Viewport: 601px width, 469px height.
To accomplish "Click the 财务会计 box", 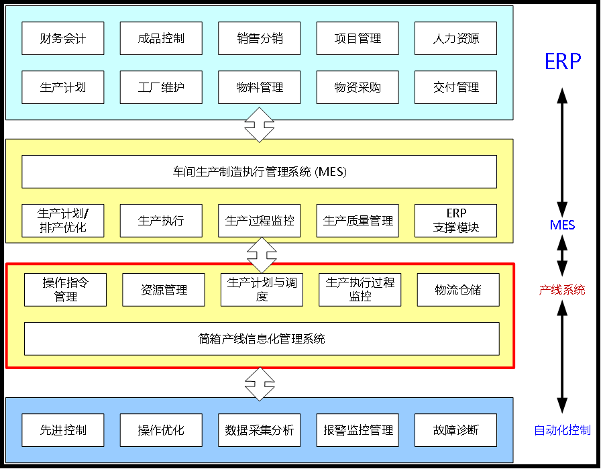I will click(x=63, y=38).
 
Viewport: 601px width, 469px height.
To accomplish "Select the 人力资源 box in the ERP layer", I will click(x=456, y=38).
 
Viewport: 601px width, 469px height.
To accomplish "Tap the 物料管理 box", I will click(x=260, y=87).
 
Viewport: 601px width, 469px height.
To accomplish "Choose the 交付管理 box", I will click(x=456, y=87).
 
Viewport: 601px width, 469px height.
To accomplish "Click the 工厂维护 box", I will click(x=161, y=87).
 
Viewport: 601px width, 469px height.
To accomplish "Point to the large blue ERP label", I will click(x=562, y=62).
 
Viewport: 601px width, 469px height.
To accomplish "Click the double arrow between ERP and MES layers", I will click(x=260, y=124).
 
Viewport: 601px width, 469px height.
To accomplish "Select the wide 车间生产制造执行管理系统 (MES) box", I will click(x=260, y=172).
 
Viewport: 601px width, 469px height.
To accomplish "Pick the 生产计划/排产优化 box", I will click(x=63, y=221).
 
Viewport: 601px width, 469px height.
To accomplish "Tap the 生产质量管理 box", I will click(x=358, y=221).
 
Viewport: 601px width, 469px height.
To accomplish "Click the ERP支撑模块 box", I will click(x=456, y=221).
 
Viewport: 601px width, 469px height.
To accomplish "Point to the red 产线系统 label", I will click(x=562, y=290).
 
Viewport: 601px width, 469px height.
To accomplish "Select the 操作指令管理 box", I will click(x=65, y=290).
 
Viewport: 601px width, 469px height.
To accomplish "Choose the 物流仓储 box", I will click(x=458, y=290).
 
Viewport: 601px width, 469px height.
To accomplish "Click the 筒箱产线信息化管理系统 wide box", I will click(x=262, y=339).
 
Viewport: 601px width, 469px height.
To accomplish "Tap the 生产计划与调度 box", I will click(x=262, y=290).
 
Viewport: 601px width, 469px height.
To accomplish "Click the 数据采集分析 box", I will click(x=260, y=430).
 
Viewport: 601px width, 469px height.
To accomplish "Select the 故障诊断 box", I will click(x=456, y=430).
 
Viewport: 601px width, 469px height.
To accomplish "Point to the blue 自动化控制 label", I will click(x=562, y=430).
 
